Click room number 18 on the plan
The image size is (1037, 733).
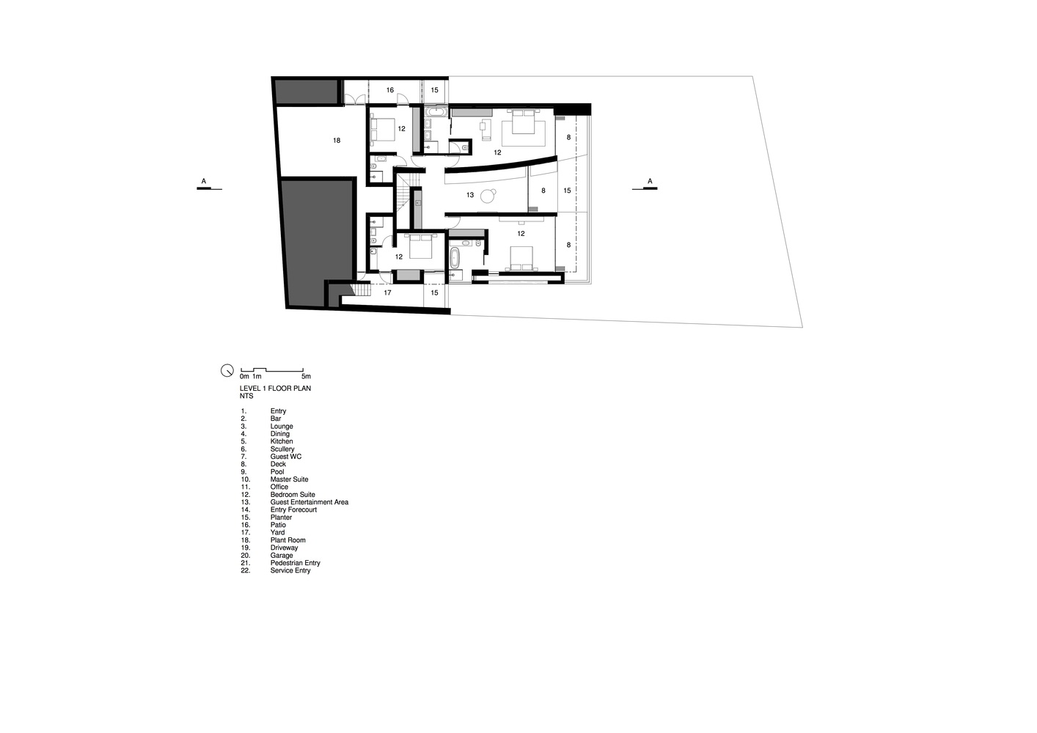[337, 140]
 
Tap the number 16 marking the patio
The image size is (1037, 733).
[390, 90]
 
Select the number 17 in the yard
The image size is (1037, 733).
[387, 292]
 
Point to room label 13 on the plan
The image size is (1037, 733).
[470, 195]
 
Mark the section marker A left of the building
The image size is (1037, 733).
[204, 181]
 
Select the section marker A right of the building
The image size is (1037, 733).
[650, 181]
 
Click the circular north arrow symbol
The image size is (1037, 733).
[227, 370]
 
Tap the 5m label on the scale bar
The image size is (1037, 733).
[306, 376]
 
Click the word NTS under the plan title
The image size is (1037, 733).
[246, 396]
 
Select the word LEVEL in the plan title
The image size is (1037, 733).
[250, 388]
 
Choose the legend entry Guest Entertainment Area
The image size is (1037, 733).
[309, 502]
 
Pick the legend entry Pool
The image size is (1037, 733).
[277, 471]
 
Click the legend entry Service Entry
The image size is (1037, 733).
[290, 570]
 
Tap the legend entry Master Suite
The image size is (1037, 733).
[289, 479]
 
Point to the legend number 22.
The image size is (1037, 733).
[245, 570]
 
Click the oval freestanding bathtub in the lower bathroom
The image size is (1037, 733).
[455, 258]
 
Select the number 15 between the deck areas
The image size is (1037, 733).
[567, 191]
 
